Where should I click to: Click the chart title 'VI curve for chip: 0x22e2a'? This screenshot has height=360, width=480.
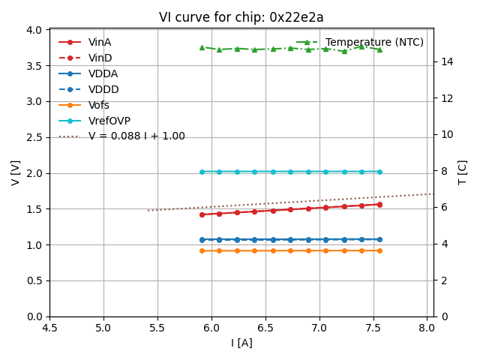tap(241, 17)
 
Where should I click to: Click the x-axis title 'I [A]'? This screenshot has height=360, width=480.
tap(241, 343)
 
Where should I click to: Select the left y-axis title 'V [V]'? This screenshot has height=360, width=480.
tap(16, 172)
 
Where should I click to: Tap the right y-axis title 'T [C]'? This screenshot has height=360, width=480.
tap(463, 172)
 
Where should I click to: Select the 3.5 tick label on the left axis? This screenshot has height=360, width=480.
tap(34, 65)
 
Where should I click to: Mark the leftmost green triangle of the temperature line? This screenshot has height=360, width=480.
tap(202, 47)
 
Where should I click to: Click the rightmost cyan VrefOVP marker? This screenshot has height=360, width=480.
tap(379, 172)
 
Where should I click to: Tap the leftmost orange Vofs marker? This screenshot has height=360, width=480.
tap(202, 250)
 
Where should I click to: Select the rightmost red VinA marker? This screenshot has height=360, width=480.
tap(379, 204)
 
